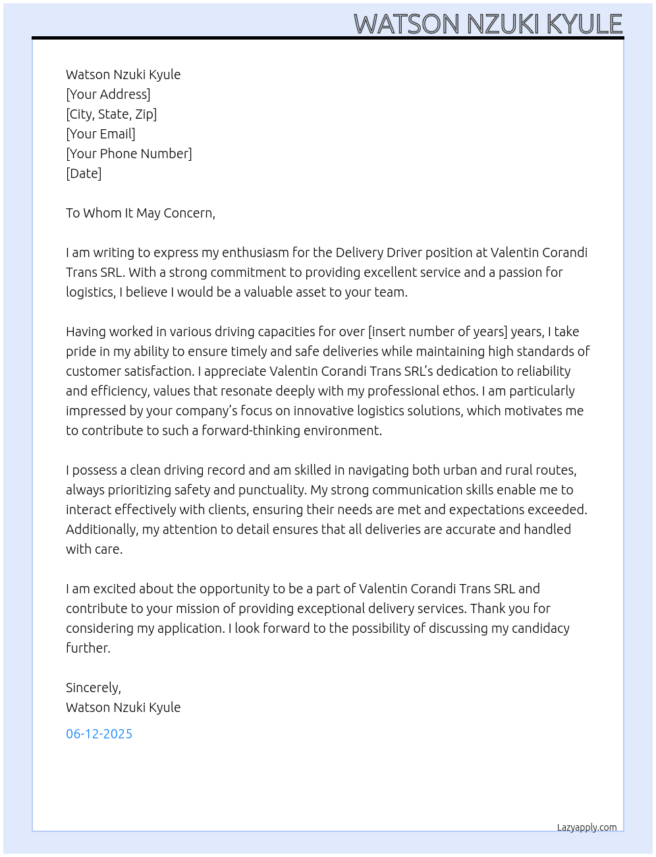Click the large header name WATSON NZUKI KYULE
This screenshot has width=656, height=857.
point(488,24)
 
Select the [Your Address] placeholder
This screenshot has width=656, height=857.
point(108,94)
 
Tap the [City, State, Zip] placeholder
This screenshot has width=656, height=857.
point(111,114)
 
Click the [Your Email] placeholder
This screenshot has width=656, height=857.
point(101,134)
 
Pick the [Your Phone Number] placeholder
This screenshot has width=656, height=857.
point(129,154)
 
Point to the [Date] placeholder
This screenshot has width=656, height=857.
point(84,173)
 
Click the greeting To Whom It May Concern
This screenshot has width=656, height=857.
point(140,213)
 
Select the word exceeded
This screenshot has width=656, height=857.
point(558,510)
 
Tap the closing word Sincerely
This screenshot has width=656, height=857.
point(93,688)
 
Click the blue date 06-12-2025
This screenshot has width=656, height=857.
point(99,734)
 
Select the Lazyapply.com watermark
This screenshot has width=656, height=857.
point(587,827)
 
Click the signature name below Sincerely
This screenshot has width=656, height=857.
point(123,707)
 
